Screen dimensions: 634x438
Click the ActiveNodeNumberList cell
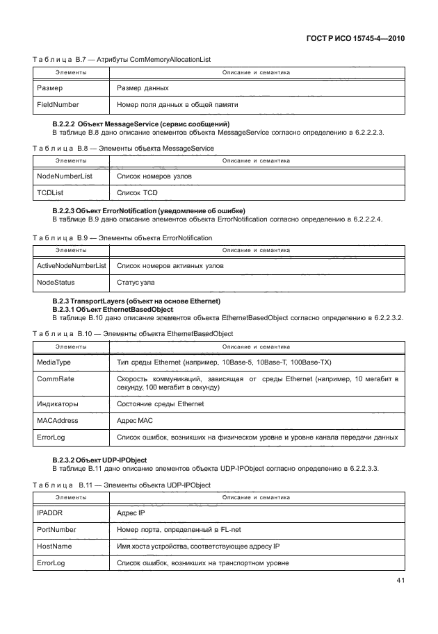tap(71, 266)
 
